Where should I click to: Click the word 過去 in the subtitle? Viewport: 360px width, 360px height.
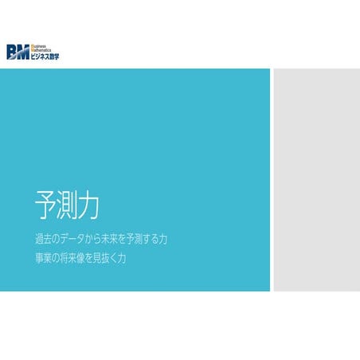click(x=45, y=239)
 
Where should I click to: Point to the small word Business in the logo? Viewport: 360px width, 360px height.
click(x=38, y=46)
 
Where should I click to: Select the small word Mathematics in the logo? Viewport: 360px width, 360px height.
click(x=41, y=51)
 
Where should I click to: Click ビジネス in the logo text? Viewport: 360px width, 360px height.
click(x=39, y=57)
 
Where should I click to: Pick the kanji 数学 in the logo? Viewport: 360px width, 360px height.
click(x=53, y=57)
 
